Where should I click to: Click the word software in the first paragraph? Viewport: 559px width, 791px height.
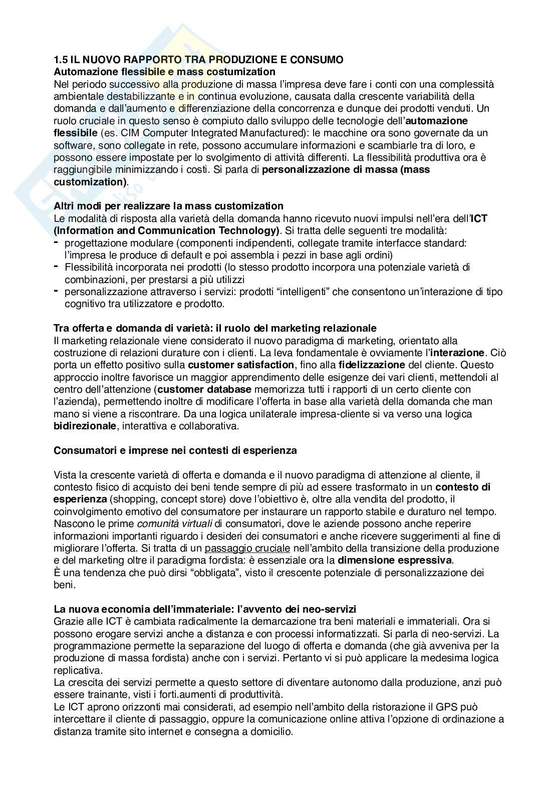point(70,145)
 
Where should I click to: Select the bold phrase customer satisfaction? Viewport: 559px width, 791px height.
point(241,365)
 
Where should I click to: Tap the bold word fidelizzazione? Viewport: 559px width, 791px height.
point(372,365)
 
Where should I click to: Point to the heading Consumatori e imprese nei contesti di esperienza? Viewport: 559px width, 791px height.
point(175,450)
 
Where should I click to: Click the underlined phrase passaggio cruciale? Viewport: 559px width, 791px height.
point(247,548)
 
